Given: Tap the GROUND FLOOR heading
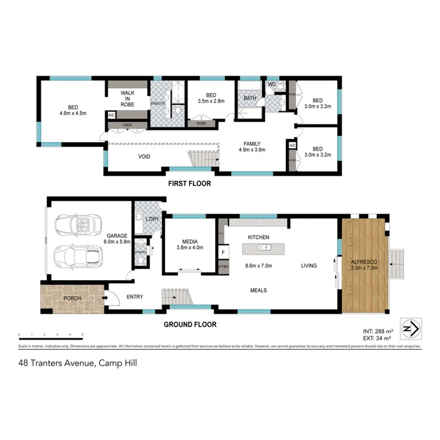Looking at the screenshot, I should (190, 324).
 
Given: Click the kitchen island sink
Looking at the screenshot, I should (264, 247).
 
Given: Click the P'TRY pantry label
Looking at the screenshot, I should (223, 267).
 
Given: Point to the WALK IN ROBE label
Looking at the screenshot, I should (127, 99).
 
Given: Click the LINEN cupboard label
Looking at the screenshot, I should (127, 125).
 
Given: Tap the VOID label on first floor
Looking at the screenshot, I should (144, 156).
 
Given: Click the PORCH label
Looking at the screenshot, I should (72, 298).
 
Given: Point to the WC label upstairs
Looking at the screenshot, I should (271, 85).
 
